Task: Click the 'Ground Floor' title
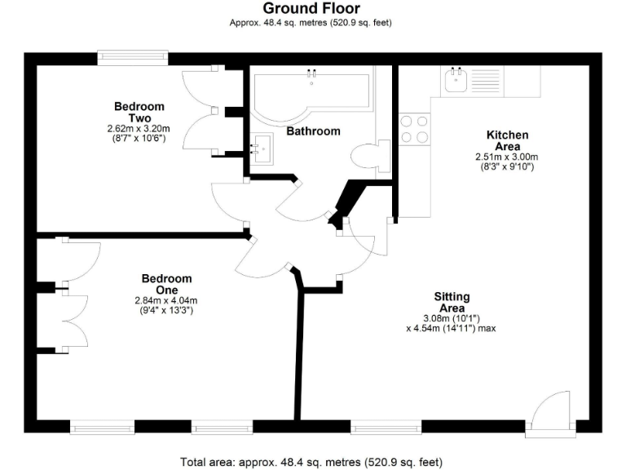[311, 9]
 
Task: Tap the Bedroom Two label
[139, 112]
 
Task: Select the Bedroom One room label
[166, 284]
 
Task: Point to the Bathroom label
[313, 131]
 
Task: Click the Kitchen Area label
[507, 140]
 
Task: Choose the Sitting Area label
[452, 302]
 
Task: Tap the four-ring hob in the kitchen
[415, 129]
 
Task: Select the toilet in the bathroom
[364, 154]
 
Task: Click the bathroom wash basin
[262, 148]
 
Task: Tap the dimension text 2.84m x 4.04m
[166, 300]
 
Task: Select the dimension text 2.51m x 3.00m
[508, 157]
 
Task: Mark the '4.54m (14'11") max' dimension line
[451, 329]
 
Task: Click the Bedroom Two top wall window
[133, 58]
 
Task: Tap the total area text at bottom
[312, 462]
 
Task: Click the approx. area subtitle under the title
[311, 23]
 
